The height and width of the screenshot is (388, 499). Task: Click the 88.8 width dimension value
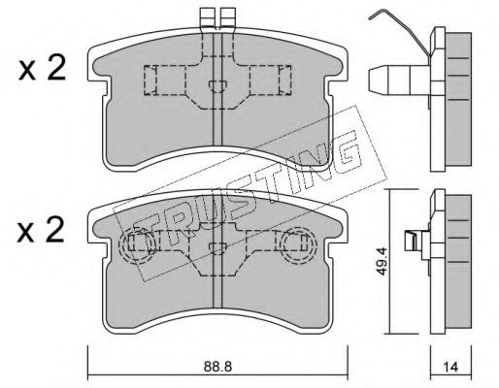click(217, 367)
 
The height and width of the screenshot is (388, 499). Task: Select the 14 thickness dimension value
click(450, 367)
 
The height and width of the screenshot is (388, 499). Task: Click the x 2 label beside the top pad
click(42, 69)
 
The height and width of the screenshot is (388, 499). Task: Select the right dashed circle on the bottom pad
click(297, 244)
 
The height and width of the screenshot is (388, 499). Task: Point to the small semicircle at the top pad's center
click(217, 85)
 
